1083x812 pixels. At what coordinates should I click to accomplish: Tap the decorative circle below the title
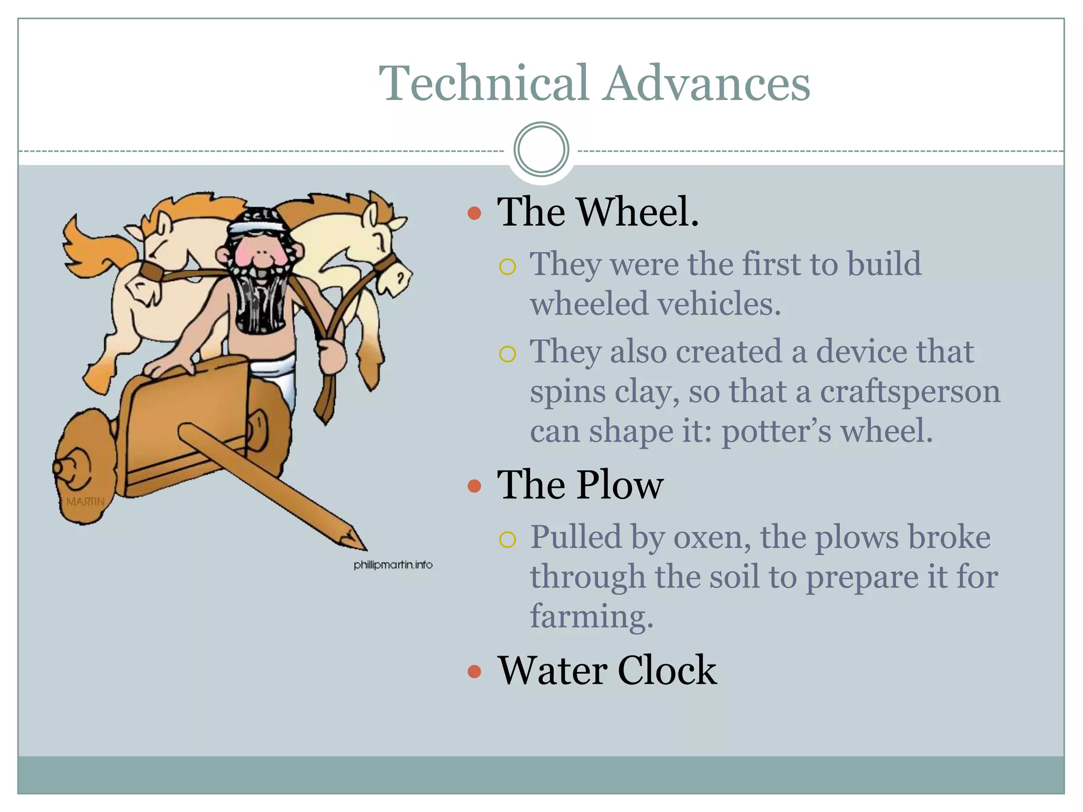click(x=541, y=150)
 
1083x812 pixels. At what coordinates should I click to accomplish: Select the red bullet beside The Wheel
click(x=474, y=214)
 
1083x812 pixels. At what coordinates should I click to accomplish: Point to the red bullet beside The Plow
click(x=474, y=486)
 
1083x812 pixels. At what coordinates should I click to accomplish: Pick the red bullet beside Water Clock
click(x=474, y=671)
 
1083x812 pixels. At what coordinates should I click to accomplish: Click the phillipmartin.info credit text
click(x=393, y=565)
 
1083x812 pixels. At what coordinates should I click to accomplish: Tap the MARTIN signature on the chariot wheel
click(x=85, y=501)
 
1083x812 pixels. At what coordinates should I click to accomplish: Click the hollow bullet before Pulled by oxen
click(x=507, y=539)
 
